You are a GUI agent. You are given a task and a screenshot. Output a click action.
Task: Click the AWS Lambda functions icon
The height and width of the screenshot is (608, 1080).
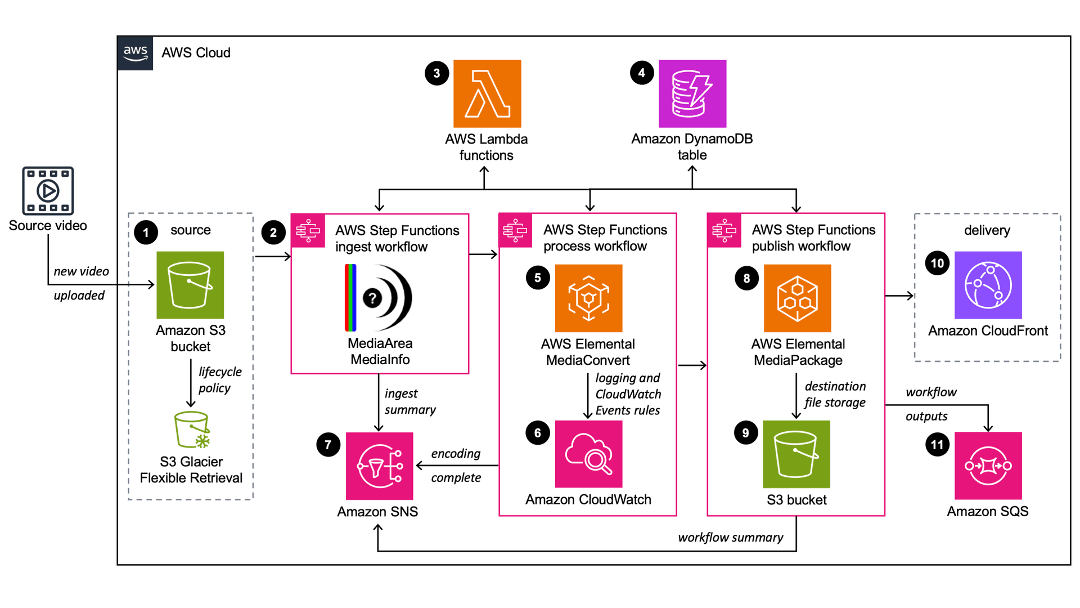click(x=487, y=93)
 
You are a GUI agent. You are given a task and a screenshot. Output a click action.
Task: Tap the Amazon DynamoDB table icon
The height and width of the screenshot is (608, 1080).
click(x=692, y=93)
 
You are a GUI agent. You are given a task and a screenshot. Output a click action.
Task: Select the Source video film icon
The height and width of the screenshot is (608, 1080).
click(x=48, y=190)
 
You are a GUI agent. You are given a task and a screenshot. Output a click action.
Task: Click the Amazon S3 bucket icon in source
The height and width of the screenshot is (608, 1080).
click(x=190, y=285)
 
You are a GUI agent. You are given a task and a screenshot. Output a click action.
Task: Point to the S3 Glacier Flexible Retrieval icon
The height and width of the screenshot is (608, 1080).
click(x=192, y=430)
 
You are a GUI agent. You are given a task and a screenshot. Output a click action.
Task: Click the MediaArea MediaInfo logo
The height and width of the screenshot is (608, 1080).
click(x=379, y=298)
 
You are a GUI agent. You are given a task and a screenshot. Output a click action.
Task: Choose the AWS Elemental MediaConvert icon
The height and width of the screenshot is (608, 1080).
click(x=588, y=298)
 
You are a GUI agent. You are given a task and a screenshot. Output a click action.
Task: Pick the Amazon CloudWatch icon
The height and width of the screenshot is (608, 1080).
click(x=588, y=454)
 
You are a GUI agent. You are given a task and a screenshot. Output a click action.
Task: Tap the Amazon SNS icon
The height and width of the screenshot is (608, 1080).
click(x=379, y=466)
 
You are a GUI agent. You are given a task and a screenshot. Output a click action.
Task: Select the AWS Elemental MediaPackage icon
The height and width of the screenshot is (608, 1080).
click(x=797, y=298)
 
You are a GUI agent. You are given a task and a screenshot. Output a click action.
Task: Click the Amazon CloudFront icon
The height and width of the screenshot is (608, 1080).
click(x=988, y=285)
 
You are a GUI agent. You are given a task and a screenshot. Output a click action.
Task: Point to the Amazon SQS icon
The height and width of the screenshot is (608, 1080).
click(x=988, y=466)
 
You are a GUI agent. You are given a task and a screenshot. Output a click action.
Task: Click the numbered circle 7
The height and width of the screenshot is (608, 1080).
click(x=328, y=445)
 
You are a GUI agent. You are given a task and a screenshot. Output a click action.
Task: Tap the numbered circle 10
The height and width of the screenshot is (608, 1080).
click(x=937, y=263)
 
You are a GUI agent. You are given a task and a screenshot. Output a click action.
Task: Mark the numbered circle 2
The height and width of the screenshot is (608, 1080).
click(x=273, y=233)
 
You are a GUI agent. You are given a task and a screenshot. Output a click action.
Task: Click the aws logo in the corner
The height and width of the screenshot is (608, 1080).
click(x=135, y=53)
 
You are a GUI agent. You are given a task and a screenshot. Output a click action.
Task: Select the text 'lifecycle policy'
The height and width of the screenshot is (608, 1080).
click(x=219, y=380)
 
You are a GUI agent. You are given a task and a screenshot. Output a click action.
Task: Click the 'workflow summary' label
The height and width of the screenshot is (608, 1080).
click(x=730, y=538)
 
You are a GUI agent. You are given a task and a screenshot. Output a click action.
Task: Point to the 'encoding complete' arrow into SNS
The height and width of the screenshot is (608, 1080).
click(x=456, y=466)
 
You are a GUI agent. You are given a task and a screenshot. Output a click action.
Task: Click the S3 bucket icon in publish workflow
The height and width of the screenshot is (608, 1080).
click(x=796, y=454)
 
